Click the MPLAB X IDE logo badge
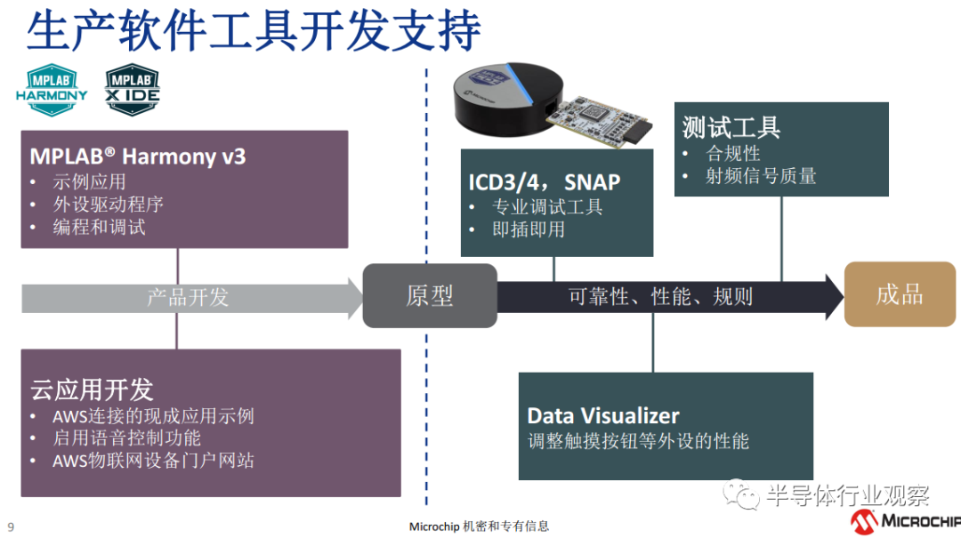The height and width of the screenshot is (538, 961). pyautogui.click(x=133, y=89)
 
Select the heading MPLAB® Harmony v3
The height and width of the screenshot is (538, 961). pyautogui.click(x=137, y=157)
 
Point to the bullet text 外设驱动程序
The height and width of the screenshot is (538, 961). pyautogui.click(x=108, y=205)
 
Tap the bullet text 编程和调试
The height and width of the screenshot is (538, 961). pyautogui.click(x=99, y=227)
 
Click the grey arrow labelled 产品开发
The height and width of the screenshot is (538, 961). pyautogui.click(x=188, y=296)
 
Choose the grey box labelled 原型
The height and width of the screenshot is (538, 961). pyautogui.click(x=430, y=295)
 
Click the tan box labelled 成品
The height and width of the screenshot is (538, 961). pyautogui.click(x=900, y=294)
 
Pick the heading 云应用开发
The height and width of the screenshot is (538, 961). pyautogui.click(x=92, y=389)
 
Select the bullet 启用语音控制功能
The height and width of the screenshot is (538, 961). pyautogui.click(x=126, y=438)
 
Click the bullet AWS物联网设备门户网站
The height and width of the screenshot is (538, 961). pyautogui.click(x=153, y=460)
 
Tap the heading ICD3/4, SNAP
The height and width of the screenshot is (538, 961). pyautogui.click(x=545, y=182)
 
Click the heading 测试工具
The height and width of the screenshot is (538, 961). pyautogui.click(x=731, y=127)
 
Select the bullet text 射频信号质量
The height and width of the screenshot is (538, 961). pyautogui.click(x=761, y=175)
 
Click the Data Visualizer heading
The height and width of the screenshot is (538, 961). pyautogui.click(x=602, y=415)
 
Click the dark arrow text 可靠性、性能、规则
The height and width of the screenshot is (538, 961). pyautogui.click(x=660, y=296)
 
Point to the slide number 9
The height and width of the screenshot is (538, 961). pyautogui.click(x=11, y=526)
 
